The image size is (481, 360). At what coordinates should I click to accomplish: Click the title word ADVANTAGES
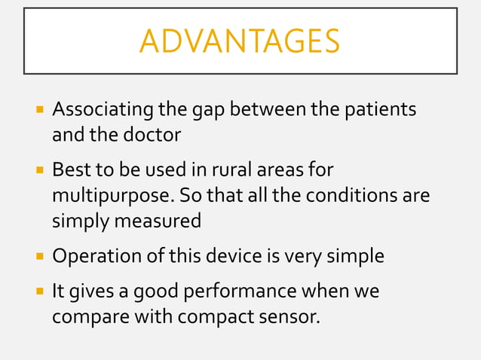pyautogui.click(x=240, y=41)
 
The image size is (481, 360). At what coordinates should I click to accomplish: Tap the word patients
pyautogui.click(x=380, y=110)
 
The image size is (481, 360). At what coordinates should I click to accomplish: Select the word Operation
pyautogui.click(x=91, y=256)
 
